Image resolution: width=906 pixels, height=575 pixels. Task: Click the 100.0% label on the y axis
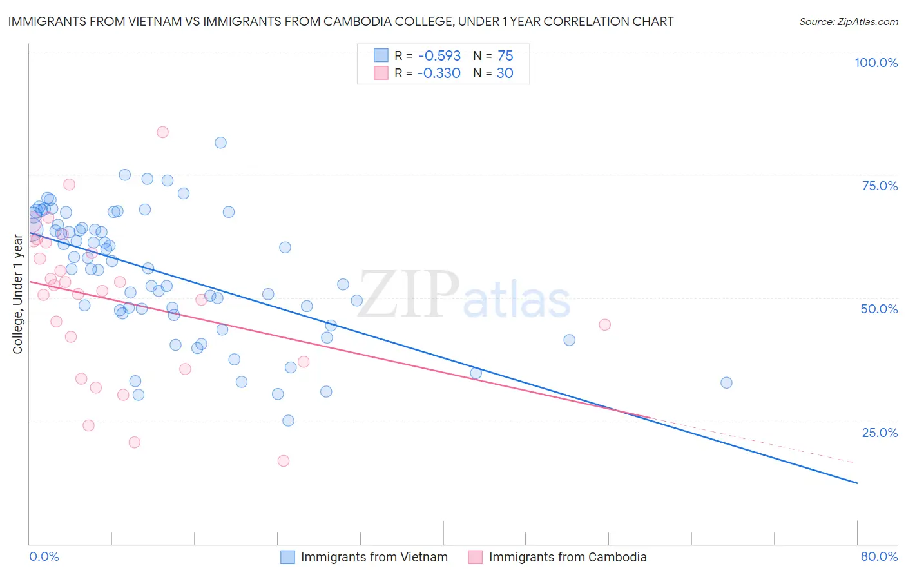coord(876,63)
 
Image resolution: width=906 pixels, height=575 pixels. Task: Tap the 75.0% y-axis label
coord(880,186)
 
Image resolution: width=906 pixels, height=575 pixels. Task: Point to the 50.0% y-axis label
coord(879,309)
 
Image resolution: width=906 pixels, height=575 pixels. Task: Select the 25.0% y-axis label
coord(880,433)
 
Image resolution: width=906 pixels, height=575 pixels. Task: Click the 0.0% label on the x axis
coord(44,556)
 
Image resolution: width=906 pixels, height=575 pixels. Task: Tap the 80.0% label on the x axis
coord(879,556)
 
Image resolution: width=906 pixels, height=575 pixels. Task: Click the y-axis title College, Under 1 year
coord(18,294)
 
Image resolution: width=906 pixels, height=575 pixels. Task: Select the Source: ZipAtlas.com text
coord(848,22)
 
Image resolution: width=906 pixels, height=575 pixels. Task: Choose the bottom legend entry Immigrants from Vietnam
coord(374,557)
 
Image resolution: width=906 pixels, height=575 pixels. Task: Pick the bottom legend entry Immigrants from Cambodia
coord(567,557)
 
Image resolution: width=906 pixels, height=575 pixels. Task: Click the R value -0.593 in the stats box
coord(439,55)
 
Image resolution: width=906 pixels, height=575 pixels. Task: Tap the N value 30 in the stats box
coord(505,73)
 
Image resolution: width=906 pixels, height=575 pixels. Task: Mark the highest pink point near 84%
coord(162,132)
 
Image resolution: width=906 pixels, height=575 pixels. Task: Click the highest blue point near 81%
coord(220,142)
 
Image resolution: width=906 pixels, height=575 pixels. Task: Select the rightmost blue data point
coord(726,382)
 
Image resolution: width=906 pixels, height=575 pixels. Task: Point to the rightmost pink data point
coord(604,324)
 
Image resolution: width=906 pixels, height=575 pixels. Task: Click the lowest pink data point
coord(284,461)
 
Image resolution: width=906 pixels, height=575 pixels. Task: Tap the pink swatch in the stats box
coord(381,73)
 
